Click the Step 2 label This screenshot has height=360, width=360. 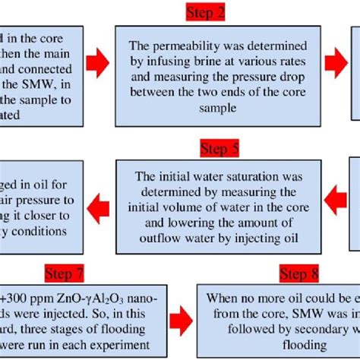[x=207, y=12]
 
